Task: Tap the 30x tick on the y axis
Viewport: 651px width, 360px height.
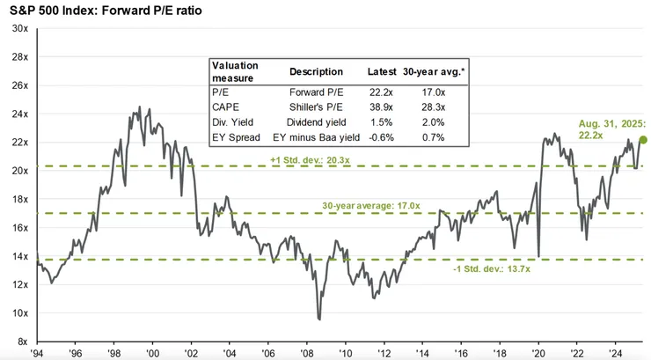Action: coord(18,29)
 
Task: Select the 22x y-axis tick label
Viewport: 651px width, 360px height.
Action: coord(18,143)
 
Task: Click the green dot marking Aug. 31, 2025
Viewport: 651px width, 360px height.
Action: coord(643,139)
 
